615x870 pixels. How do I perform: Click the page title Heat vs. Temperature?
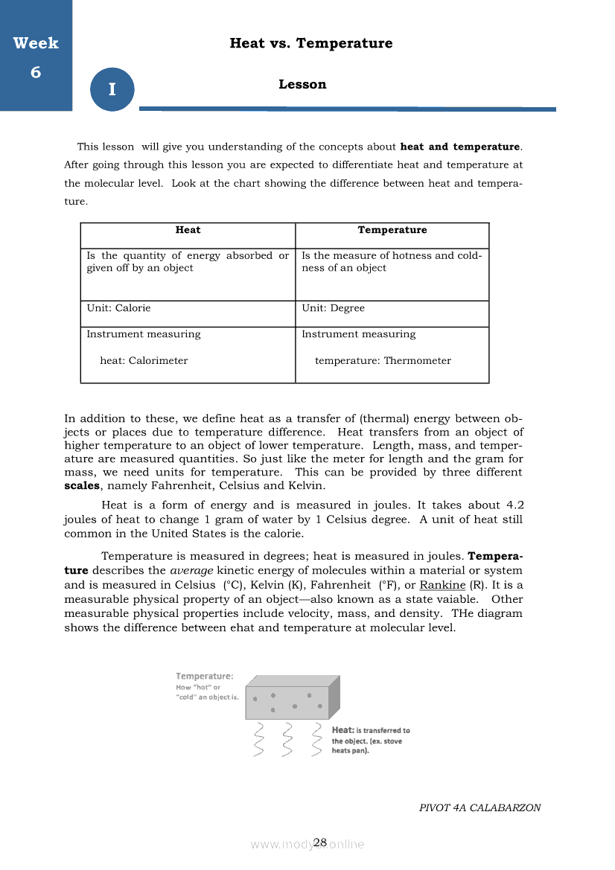click(311, 43)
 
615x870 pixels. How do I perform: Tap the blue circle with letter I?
click(112, 89)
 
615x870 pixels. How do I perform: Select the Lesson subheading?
click(302, 84)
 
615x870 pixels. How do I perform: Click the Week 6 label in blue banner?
click(36, 57)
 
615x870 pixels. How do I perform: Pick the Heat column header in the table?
click(188, 230)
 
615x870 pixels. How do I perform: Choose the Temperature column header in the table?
click(392, 230)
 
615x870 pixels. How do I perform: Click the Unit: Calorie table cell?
click(118, 308)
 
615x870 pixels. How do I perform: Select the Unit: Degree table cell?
click(333, 308)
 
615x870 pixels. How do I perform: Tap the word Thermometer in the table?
click(417, 361)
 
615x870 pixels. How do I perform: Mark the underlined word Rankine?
click(442, 586)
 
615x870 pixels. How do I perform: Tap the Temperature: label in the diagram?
click(204, 677)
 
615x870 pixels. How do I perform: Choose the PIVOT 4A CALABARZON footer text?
click(479, 807)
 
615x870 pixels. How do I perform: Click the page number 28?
click(320, 842)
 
